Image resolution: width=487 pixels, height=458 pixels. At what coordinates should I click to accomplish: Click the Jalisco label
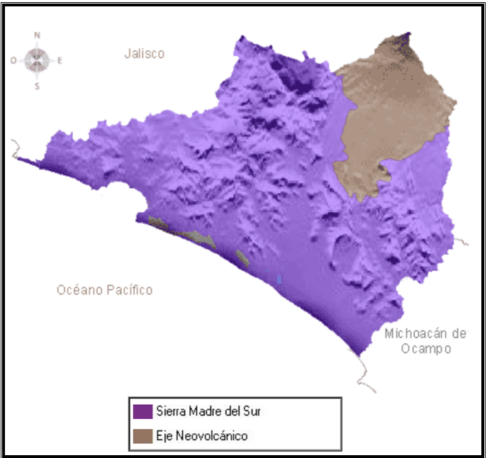[x=144, y=53]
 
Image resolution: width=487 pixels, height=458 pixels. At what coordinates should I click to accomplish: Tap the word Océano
[x=79, y=290]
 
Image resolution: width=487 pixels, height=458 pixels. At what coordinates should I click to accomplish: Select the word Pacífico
[x=128, y=290]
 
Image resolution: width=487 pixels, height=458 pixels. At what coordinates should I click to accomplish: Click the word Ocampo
[x=425, y=349]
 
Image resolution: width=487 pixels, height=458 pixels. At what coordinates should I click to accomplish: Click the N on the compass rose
[x=38, y=35]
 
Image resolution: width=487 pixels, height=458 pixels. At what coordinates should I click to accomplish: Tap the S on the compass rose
[x=38, y=86]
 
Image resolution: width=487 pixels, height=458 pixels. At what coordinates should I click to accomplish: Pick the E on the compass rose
[x=60, y=60]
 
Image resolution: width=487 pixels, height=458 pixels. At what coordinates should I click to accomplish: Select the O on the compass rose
[x=13, y=60]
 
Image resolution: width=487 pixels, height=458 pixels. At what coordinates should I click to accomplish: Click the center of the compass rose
[x=37, y=60]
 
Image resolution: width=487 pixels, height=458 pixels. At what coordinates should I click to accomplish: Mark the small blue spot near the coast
[x=280, y=279]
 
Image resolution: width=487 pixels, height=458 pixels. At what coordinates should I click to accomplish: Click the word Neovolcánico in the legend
[x=212, y=436]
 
